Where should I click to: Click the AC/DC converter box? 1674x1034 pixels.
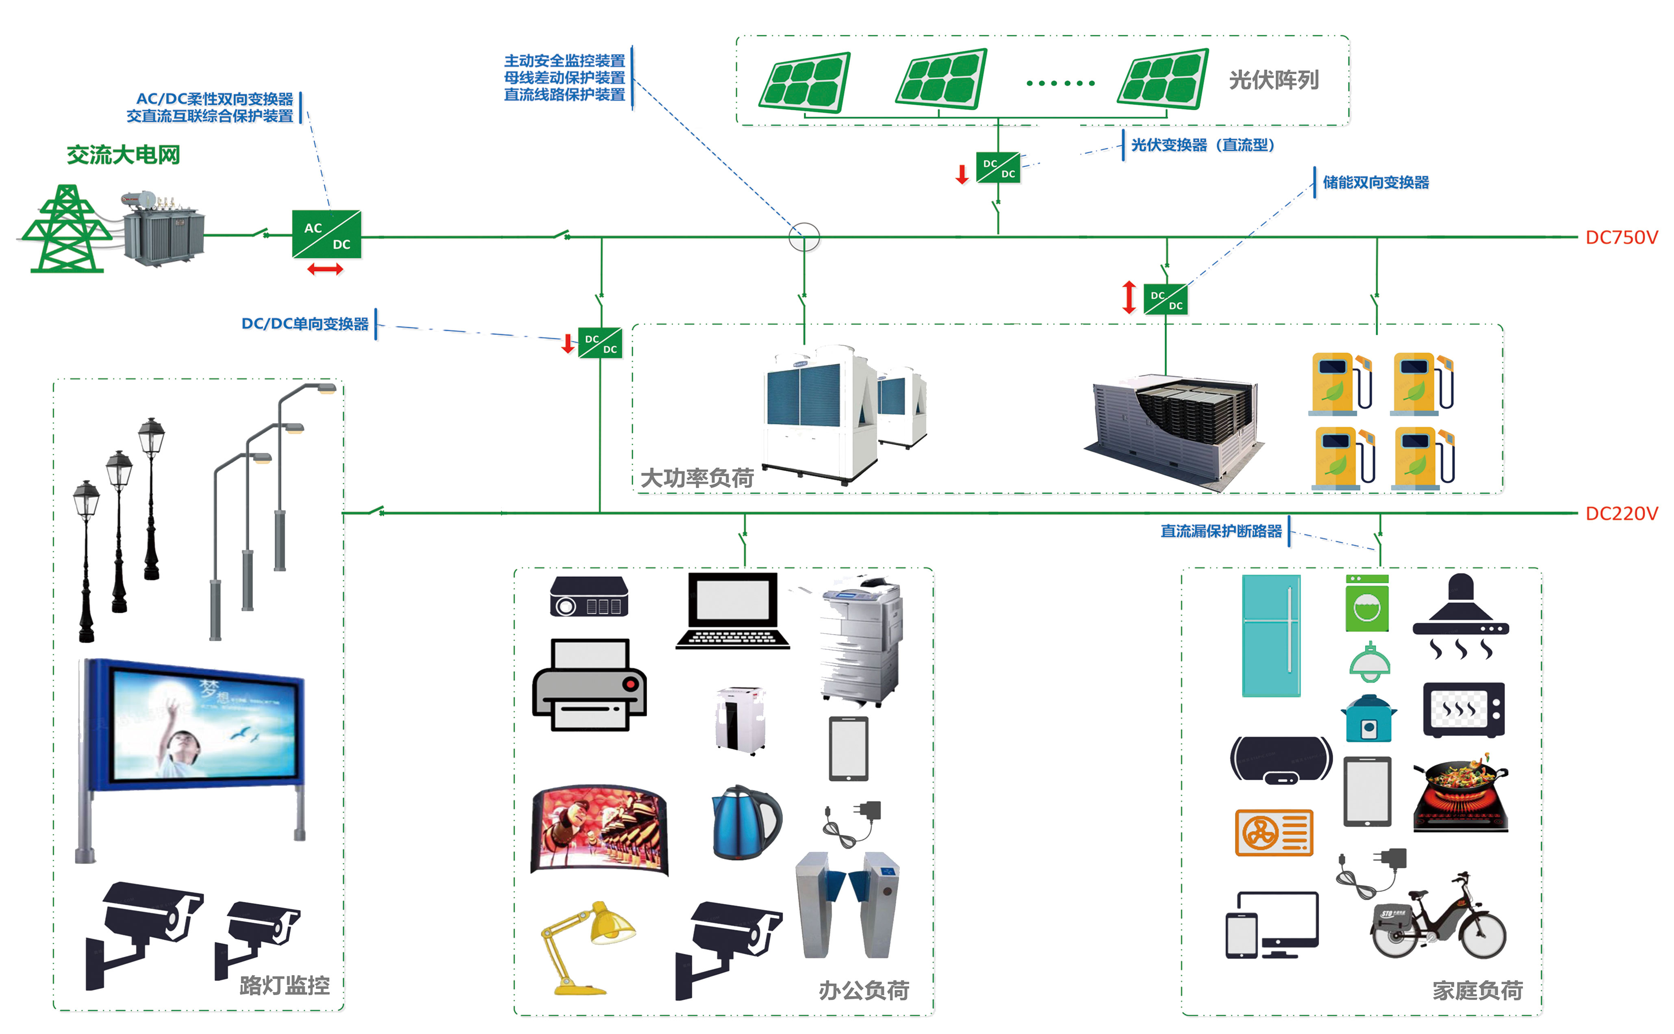326,234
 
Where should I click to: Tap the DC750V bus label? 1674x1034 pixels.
1621,237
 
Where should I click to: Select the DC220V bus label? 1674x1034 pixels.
1621,514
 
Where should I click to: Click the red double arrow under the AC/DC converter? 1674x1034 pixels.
325,269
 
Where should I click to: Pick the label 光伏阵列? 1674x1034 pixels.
1273,80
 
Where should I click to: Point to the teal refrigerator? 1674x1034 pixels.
1271,636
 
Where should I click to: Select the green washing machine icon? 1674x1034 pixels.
1367,603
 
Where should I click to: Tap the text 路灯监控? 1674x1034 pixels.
284,985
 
